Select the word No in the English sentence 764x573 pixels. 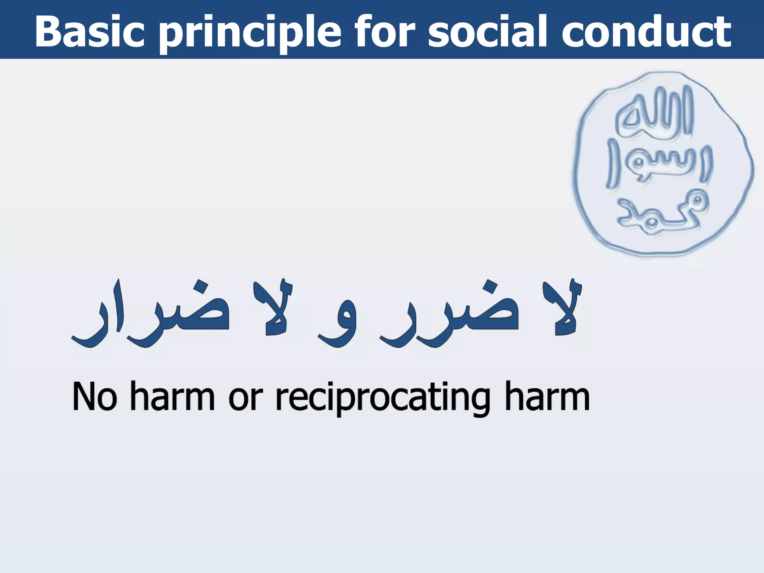coord(94,397)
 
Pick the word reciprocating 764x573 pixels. coord(382,398)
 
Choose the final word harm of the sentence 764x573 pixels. coord(547,397)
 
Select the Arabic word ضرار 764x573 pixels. coord(149,317)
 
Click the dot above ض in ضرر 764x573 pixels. coord(489,287)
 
